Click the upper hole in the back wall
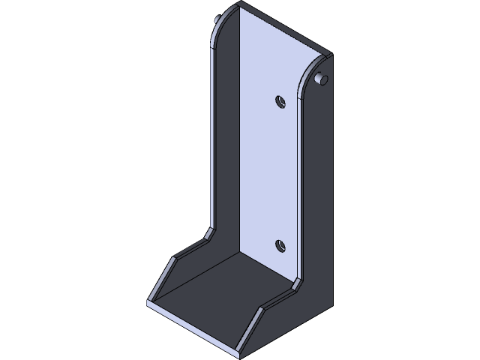280,100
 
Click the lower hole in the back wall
280,244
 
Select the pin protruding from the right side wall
322,79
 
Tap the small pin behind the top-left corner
217,17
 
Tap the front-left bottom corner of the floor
148,303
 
